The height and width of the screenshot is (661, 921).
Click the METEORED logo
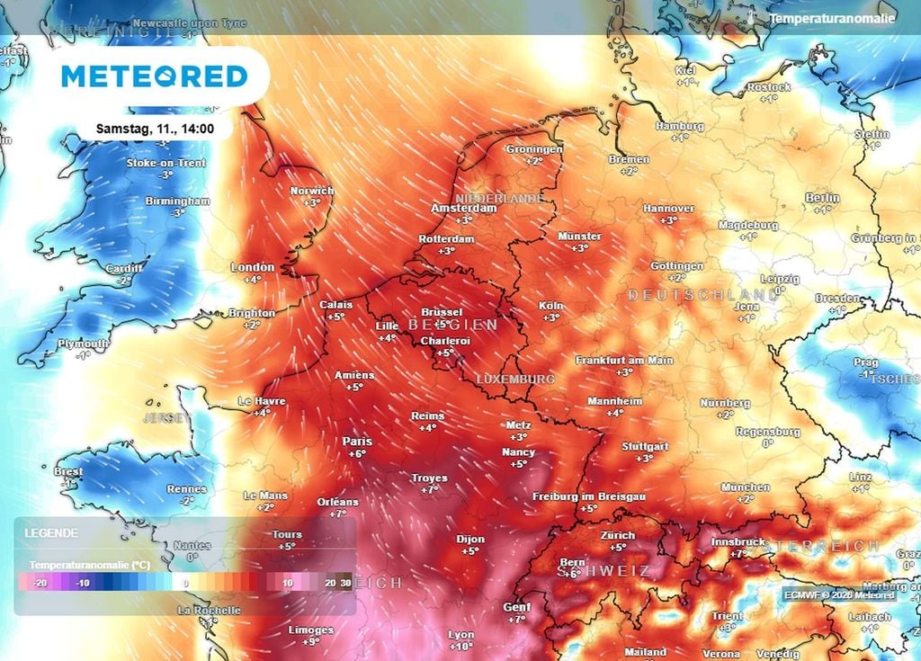pyautogui.click(x=154, y=76)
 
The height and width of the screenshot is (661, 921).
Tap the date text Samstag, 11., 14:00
pyautogui.click(x=155, y=129)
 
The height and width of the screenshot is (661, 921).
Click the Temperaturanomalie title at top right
pyautogui.click(x=832, y=18)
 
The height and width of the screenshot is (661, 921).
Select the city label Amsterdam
pyautogui.click(x=464, y=208)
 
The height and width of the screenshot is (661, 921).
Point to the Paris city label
pyautogui.click(x=357, y=442)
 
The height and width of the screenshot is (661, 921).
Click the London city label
pyautogui.click(x=252, y=267)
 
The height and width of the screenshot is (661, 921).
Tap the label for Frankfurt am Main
pyautogui.click(x=624, y=361)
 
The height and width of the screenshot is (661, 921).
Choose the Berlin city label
pyautogui.click(x=822, y=198)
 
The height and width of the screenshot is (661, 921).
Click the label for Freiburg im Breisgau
pyautogui.click(x=588, y=496)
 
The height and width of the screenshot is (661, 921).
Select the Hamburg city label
pyautogui.click(x=679, y=127)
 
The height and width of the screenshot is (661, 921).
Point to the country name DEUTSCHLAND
pyautogui.click(x=702, y=295)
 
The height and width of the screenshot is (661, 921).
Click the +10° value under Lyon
pyautogui.click(x=460, y=647)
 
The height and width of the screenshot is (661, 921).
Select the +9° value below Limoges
pyautogui.click(x=311, y=642)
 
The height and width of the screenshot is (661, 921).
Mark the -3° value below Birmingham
pyautogui.click(x=177, y=212)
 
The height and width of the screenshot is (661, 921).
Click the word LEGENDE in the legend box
pyautogui.click(x=51, y=533)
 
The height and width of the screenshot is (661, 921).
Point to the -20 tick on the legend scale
pyautogui.click(x=40, y=583)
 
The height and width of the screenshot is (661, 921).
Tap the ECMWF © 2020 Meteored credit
pyautogui.click(x=838, y=595)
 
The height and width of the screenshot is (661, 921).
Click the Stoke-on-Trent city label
pyautogui.click(x=165, y=163)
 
